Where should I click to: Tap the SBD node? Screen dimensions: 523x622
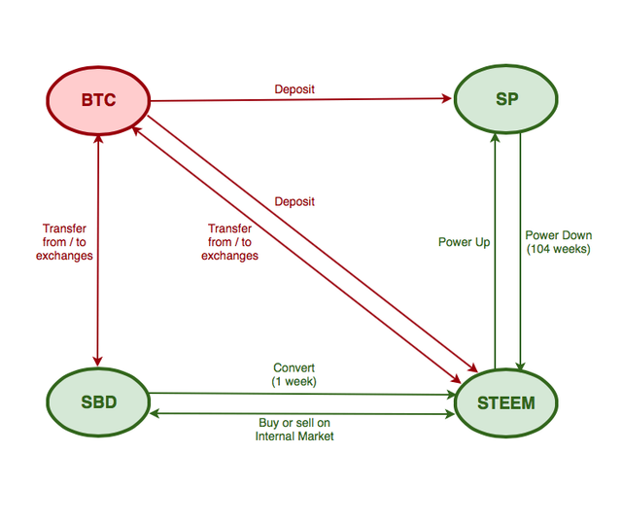tap(98, 401)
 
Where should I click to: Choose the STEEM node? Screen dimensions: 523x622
tap(506, 401)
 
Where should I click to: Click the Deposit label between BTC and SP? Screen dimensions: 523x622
tap(294, 89)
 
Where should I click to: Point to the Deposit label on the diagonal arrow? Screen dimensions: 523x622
tap(294, 202)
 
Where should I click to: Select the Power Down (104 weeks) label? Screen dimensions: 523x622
tap(558, 242)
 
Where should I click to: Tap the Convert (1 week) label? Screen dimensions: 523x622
tap(294, 374)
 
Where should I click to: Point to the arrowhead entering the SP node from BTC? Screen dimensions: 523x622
tap(448, 99)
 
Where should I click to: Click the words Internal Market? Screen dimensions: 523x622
tap(294, 436)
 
